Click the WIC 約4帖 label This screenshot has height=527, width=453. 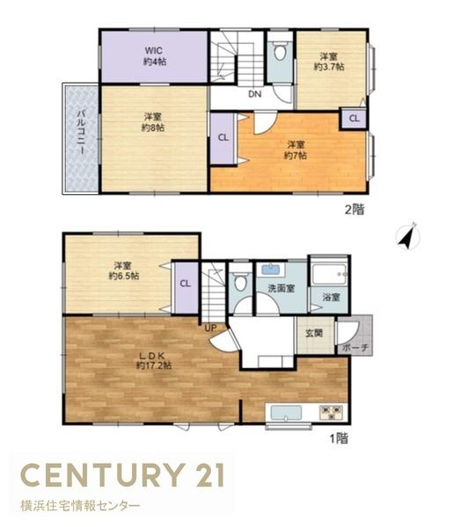[155, 56]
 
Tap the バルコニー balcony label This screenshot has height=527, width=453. [81, 132]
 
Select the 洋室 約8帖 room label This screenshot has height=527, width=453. [153, 122]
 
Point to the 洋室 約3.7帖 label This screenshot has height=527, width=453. [329, 61]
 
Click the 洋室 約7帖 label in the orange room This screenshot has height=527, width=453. [296, 150]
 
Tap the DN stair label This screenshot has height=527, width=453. [255, 94]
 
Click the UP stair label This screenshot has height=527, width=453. [211, 328]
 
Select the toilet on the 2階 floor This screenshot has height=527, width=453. [280, 51]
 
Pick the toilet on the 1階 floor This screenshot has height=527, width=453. [241, 282]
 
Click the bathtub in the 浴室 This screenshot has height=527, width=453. [329, 274]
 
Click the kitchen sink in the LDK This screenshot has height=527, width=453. [286, 413]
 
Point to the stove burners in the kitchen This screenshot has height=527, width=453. [332, 412]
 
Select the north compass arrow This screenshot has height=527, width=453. [407, 237]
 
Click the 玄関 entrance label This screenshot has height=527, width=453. [314, 333]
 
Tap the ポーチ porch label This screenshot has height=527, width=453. [355, 348]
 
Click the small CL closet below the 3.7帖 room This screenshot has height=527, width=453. [354, 119]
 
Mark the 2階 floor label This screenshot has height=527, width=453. [354, 210]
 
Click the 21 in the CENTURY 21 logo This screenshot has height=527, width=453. [210, 475]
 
